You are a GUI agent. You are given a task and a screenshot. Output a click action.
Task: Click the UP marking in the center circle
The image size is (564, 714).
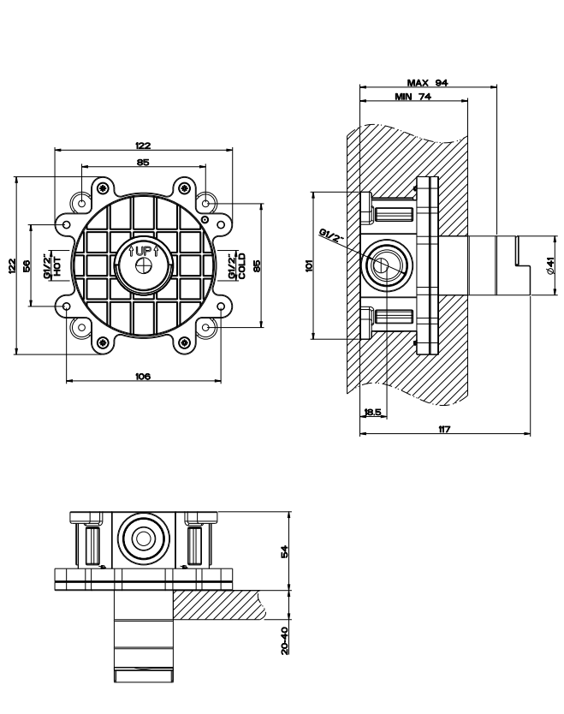coord(143,251)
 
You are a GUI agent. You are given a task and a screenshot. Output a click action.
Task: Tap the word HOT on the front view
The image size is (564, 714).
coord(57,266)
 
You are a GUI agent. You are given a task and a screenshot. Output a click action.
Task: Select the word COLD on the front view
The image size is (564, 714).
coord(241,266)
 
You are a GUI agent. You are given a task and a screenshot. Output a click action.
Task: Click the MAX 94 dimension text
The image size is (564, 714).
coord(427,83)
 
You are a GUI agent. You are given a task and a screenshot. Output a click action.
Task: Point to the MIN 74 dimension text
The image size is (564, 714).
coord(413,97)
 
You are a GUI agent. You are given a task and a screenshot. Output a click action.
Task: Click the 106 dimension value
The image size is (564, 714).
coord(143,376)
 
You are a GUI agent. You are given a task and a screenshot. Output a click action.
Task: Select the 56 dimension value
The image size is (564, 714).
coord(26,265)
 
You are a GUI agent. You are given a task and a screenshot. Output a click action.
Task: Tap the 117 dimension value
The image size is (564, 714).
coord(444,429)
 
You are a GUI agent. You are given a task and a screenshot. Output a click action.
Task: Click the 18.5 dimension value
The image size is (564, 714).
coord(373,412)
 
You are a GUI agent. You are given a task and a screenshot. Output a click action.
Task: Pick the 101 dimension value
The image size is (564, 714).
coord(310,265)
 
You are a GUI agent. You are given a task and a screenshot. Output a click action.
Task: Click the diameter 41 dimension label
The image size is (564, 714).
coord(550,265)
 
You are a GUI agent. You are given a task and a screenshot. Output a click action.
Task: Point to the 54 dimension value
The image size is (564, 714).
coord(284,552)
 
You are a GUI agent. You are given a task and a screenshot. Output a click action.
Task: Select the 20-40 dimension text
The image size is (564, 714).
coord(284,640)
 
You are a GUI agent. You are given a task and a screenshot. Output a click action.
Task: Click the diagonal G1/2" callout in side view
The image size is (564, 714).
coord(332,236)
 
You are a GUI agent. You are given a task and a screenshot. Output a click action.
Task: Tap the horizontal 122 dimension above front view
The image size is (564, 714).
coord(143,146)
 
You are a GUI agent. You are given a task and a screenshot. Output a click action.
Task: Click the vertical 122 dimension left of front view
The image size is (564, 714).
coord(12,266)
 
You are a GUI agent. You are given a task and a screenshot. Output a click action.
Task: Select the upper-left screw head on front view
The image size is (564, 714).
coord(104,187)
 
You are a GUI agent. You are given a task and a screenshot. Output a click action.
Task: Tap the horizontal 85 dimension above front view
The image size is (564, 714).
coord(143,162)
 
